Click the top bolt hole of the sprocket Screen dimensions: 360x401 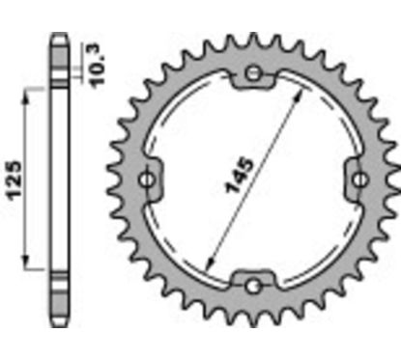click(x=253, y=75)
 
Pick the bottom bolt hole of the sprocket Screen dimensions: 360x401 click(x=253, y=285)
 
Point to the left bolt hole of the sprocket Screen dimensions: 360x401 click(x=149, y=180)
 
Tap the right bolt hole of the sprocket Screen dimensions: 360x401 click(x=358, y=180)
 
